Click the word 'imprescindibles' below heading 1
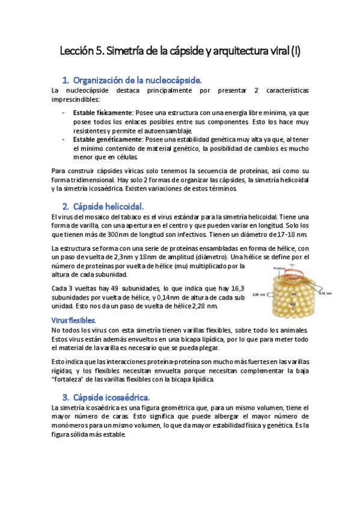tap(76, 99)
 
